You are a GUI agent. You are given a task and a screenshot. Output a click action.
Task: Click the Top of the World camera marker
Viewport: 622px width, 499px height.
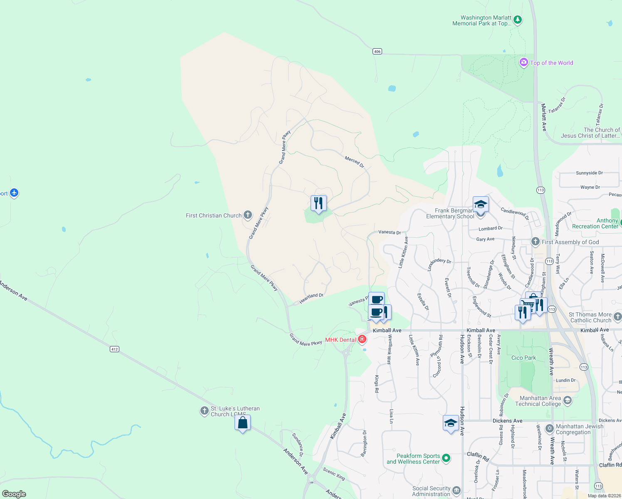tap(523, 62)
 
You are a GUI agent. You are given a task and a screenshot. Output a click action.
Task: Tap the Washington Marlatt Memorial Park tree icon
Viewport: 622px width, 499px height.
tap(517, 20)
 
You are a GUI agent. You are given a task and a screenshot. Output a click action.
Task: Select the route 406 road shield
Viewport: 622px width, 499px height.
tap(377, 52)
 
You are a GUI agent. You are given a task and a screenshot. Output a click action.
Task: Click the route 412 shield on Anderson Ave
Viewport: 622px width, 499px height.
tap(115, 349)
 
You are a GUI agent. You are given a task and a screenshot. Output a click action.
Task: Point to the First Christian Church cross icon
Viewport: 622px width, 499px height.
tap(248, 215)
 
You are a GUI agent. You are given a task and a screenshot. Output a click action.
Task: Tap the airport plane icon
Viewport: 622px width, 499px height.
tap(14, 193)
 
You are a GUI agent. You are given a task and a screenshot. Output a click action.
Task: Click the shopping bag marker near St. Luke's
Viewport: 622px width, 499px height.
tap(243, 423)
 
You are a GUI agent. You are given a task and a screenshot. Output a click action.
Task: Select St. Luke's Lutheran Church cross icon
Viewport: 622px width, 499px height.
tap(204, 411)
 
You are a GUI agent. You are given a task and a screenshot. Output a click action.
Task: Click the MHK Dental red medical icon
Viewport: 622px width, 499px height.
tap(362, 339)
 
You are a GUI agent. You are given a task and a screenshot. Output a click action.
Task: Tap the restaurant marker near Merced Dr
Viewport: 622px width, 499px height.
tap(318, 203)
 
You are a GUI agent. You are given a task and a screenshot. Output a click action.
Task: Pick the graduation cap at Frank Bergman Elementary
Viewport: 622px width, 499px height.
tap(481, 205)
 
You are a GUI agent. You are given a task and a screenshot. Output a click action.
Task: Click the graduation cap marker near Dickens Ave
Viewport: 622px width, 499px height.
tap(451, 423)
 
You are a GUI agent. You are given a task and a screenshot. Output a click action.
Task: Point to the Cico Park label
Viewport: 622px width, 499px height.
tap(523, 358)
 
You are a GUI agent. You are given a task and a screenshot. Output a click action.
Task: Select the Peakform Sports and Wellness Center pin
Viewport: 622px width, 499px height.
tap(446, 458)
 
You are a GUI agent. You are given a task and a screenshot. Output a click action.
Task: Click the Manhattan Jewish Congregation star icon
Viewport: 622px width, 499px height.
tap(549, 428)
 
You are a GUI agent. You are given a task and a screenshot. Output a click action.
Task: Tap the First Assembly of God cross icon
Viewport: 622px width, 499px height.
tap(536, 242)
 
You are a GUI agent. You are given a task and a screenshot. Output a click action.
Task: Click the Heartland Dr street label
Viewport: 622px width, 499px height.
tap(311, 298)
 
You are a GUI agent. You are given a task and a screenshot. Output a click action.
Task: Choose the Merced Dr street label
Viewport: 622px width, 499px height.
tap(354, 162)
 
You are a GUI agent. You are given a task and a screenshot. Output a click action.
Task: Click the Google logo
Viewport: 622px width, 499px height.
tap(14, 494)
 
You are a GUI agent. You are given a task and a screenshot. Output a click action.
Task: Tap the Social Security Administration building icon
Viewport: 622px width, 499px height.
tap(456, 491)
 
